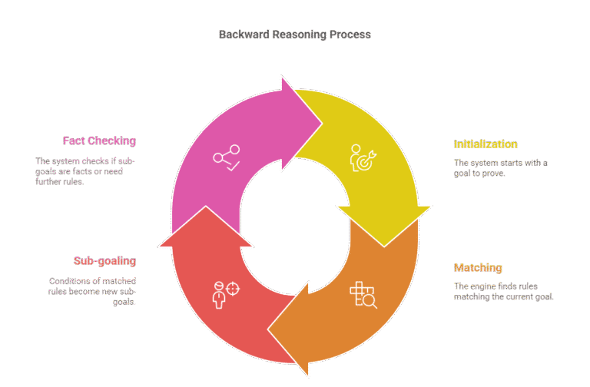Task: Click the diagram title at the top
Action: (x=295, y=35)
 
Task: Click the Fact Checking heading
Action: (x=99, y=141)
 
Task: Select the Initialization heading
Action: (x=486, y=144)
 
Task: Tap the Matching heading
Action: (x=478, y=268)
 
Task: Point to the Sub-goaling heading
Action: (x=104, y=260)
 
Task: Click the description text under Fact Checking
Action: (x=85, y=171)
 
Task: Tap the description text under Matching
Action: (x=503, y=291)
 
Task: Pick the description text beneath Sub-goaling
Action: (x=92, y=291)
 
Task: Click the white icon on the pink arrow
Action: (x=227, y=158)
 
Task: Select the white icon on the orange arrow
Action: (x=363, y=295)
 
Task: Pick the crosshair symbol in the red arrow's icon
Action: (x=233, y=289)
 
